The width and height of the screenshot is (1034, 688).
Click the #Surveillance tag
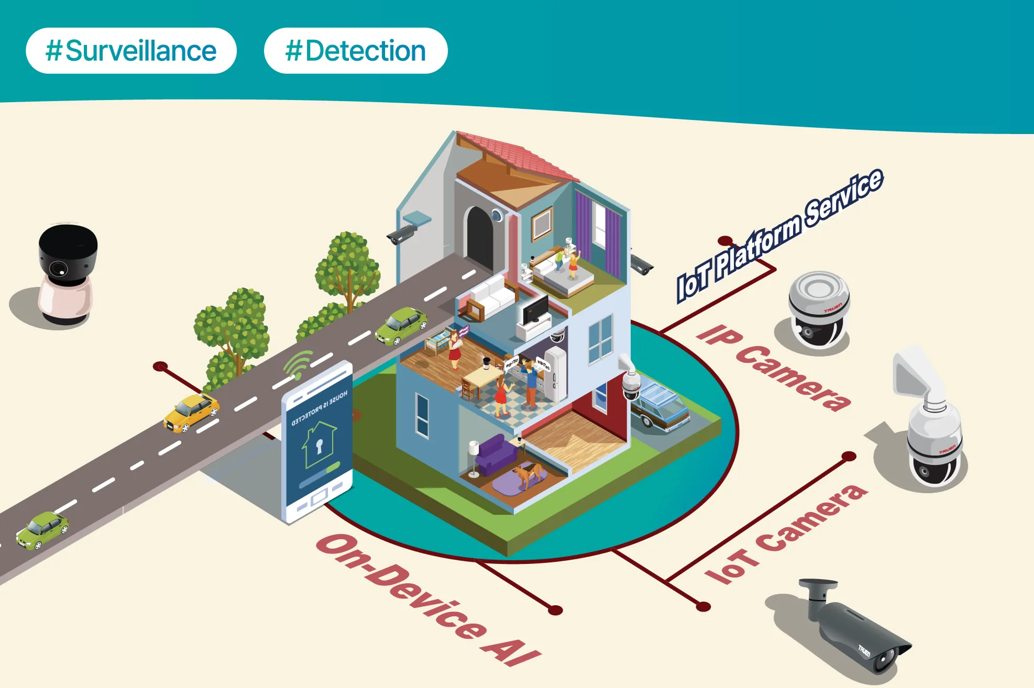tap(131, 51)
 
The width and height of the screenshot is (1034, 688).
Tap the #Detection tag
tap(356, 51)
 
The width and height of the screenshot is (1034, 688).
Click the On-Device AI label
tap(427, 600)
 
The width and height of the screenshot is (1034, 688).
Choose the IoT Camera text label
tap(786, 534)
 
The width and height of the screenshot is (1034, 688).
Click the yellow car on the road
tap(191, 413)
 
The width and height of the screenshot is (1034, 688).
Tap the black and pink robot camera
tap(67, 275)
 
